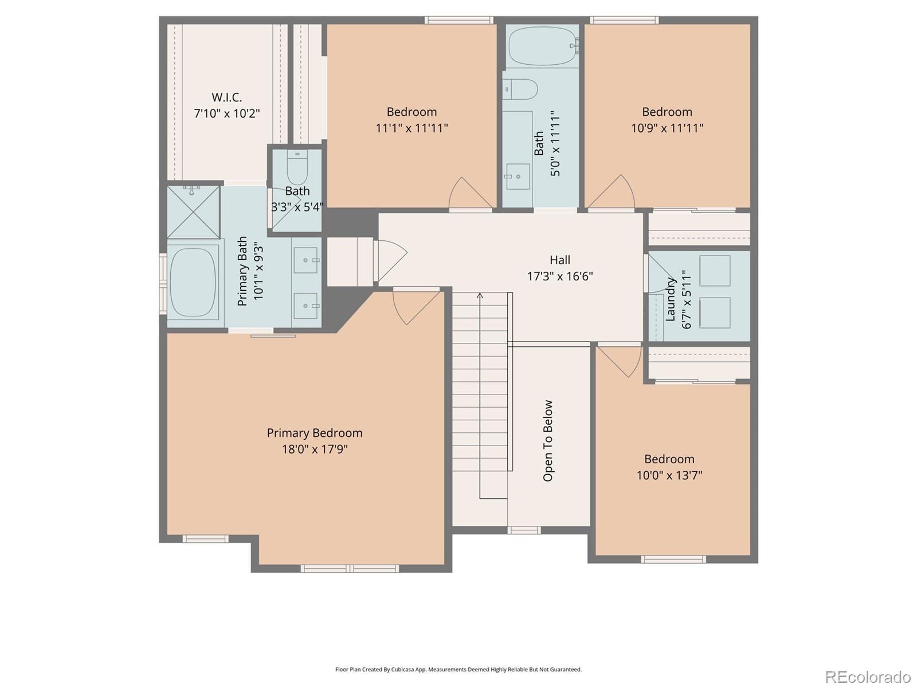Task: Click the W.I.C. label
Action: point(226,97)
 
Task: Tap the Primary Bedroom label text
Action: point(315,433)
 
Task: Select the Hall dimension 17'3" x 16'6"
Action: point(560,276)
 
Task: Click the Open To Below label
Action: point(548,441)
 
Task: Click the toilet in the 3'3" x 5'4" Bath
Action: point(297,167)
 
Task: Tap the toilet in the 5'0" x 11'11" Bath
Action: point(520,89)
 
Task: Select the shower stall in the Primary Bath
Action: point(193,212)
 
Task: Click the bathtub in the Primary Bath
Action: point(193,283)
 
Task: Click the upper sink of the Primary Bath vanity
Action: point(305,260)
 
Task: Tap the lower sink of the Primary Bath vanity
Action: point(305,306)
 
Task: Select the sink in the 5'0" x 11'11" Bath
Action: point(518,177)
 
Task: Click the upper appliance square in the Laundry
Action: point(715,271)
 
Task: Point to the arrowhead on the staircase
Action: point(480,296)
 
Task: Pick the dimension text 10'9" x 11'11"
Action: point(667,128)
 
